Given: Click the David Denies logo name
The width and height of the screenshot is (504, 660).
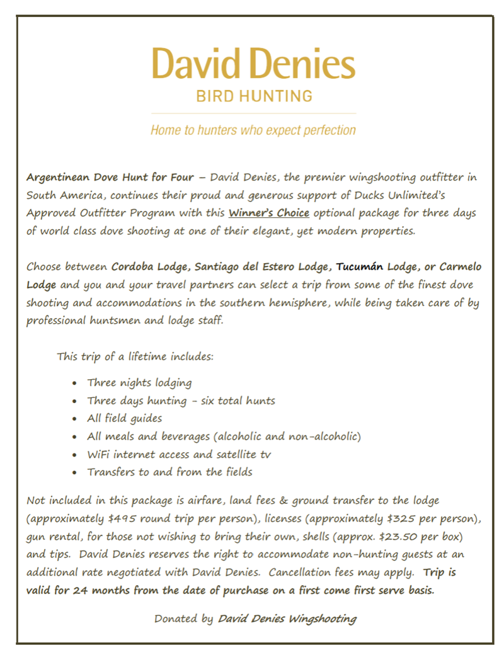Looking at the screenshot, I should (x=253, y=64).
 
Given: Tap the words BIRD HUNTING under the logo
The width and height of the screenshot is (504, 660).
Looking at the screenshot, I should (x=253, y=96).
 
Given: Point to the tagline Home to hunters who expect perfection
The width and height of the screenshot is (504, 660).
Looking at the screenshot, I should (x=253, y=130).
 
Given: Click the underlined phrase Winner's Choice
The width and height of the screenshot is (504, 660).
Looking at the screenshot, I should (x=268, y=213).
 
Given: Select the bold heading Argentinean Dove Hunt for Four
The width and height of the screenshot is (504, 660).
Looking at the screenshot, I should (x=110, y=177).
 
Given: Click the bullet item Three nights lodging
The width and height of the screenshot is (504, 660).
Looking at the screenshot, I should (x=139, y=383).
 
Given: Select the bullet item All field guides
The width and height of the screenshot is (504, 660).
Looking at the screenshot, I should (x=124, y=418).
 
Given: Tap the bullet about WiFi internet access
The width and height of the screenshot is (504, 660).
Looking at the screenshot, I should (x=179, y=454).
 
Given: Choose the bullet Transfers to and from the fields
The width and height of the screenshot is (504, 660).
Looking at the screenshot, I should (x=169, y=472).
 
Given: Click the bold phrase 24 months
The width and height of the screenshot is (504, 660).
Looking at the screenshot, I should (x=95, y=591).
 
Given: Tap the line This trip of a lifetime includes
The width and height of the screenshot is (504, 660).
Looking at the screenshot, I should (x=135, y=356).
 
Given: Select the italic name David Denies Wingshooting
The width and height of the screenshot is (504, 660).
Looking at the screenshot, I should (x=287, y=618).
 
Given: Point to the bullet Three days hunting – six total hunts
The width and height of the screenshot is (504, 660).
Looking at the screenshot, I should (x=181, y=401).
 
